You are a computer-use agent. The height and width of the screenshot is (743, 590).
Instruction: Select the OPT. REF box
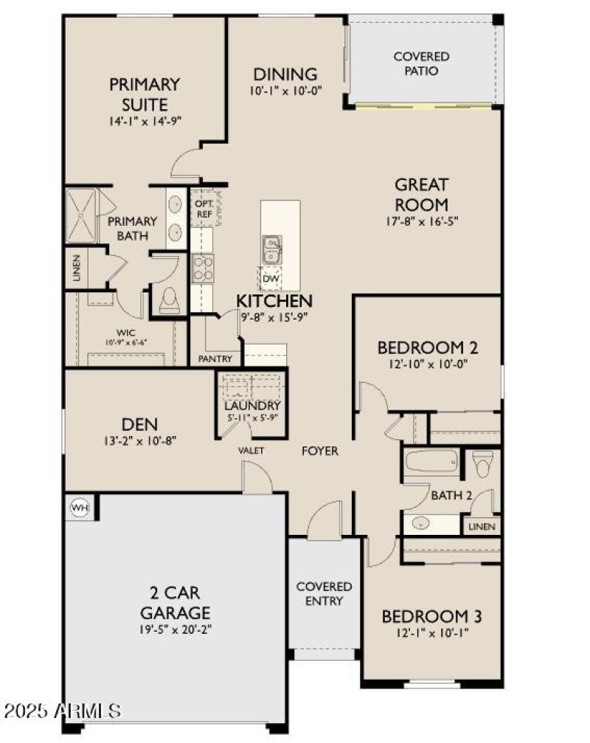click(204, 208)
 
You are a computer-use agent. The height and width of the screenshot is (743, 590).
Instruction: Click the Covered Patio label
click(421, 63)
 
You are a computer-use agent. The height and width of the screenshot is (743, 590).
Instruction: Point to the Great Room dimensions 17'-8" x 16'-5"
click(421, 221)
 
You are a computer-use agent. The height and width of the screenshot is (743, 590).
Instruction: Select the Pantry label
click(215, 359)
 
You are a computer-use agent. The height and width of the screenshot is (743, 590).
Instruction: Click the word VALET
click(251, 450)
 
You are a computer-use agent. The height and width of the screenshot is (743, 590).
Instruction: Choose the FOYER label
click(319, 451)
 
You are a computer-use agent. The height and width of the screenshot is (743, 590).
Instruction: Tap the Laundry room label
click(252, 406)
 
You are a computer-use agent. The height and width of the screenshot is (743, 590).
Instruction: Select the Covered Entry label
click(324, 593)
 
